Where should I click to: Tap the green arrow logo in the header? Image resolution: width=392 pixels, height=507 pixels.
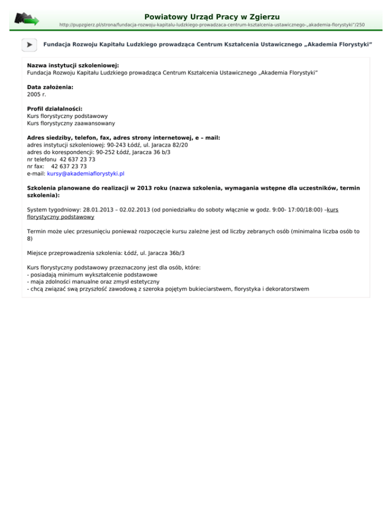tap(27, 19)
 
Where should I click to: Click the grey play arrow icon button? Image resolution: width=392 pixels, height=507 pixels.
tap(29, 45)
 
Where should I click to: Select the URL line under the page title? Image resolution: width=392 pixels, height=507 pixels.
tap(212, 24)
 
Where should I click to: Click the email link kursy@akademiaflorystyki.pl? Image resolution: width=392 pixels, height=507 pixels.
tap(86, 173)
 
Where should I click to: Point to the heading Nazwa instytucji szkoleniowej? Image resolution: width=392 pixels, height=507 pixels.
tap(72, 66)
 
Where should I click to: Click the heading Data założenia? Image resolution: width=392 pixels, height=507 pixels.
tap(50, 87)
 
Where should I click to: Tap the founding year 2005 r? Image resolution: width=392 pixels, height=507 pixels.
tap(36, 94)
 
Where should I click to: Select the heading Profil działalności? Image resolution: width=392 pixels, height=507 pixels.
tap(55, 109)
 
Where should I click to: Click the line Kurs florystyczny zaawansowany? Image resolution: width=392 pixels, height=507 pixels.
tap(70, 123)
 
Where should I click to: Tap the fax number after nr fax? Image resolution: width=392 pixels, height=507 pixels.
tap(69, 166)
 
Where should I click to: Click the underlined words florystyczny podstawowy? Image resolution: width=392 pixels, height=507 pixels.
tap(60, 217)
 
